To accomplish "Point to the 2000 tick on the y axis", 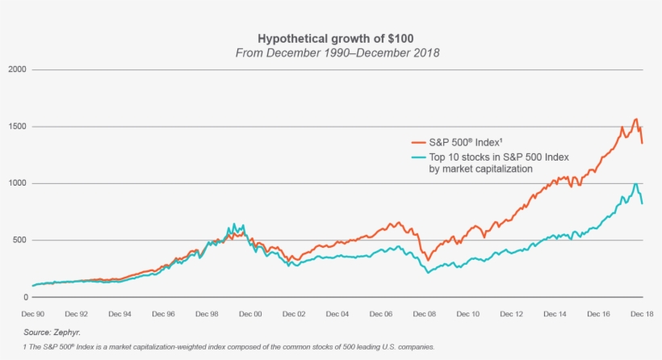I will [19, 70].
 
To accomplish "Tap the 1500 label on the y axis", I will [19, 127].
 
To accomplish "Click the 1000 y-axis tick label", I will [19, 184].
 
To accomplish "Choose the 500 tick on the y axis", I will [21, 241].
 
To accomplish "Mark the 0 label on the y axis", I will [25, 297].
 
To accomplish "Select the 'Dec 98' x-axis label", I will [207, 313].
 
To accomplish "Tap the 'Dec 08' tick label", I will [425, 313].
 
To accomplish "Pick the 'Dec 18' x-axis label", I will [643, 313].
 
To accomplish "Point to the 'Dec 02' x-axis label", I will [295, 313].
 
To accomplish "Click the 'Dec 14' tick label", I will [555, 313].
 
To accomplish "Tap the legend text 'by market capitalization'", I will [480, 170].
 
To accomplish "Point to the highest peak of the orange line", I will [635, 119].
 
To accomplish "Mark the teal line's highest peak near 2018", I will [635, 184].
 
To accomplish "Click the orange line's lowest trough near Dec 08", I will [428, 261].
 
